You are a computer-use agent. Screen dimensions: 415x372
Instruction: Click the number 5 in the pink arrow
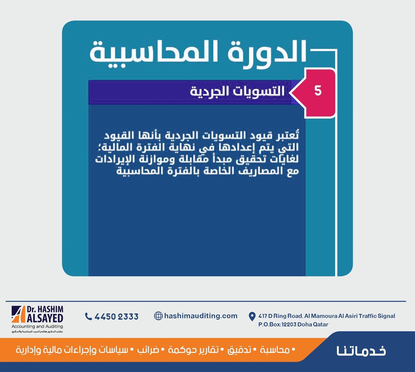pos(318,91)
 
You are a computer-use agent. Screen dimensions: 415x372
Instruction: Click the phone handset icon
pos(88,316)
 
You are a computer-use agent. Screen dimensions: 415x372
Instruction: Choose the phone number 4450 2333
pos(116,317)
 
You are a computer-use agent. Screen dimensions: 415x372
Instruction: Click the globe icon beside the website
pos(158,316)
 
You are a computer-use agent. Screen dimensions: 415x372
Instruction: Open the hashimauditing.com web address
pos(201,316)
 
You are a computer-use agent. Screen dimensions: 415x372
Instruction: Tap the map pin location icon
pos(252,316)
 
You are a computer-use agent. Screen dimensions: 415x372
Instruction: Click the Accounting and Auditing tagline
pos(37,326)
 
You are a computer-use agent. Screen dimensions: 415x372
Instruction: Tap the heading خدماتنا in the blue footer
pos(361,351)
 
